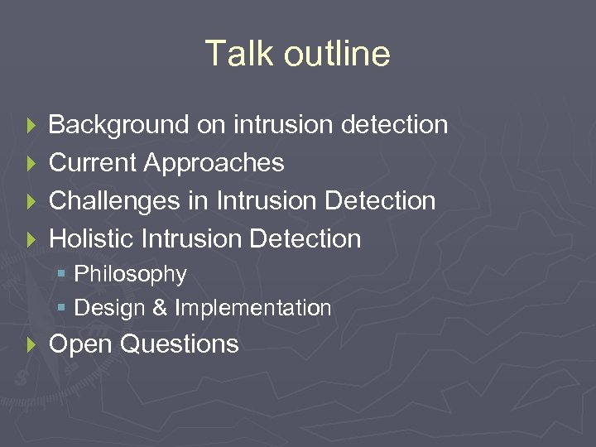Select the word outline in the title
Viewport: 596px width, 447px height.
point(337,54)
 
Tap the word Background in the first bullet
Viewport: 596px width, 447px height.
point(119,125)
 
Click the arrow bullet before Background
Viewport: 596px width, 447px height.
point(31,126)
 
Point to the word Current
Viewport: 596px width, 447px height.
point(93,163)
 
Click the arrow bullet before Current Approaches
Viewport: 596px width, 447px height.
point(31,164)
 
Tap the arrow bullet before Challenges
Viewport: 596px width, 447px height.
point(31,202)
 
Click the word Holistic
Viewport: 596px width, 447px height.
point(92,239)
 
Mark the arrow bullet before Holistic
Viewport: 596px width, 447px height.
point(31,240)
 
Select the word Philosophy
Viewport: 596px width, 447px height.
point(131,274)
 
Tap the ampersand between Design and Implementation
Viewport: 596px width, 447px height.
point(160,308)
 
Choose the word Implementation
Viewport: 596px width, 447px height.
point(252,308)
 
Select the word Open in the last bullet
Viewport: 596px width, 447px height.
point(80,344)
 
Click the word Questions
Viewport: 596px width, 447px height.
point(179,344)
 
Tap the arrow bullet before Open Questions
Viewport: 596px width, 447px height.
point(31,344)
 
